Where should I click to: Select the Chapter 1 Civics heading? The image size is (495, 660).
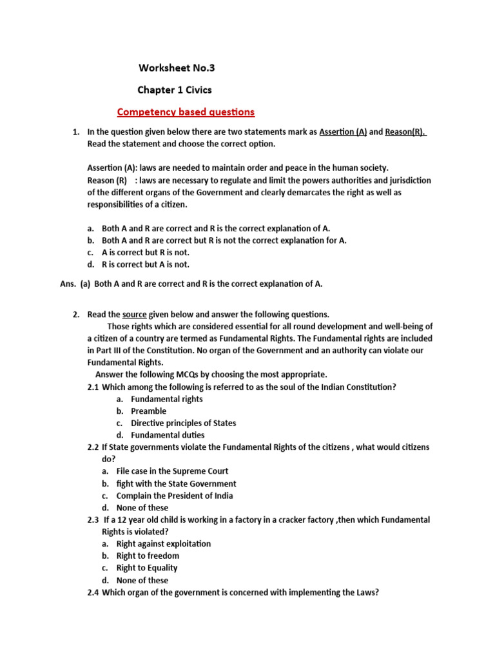point(175,90)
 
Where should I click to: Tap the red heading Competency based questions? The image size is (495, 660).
point(186,112)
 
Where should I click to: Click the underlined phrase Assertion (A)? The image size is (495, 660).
point(343,131)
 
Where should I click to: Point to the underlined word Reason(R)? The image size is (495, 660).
point(405,131)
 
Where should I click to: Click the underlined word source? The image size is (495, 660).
point(134,315)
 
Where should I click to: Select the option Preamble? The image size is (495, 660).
point(148,411)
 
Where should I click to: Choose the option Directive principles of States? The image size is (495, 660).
point(183,423)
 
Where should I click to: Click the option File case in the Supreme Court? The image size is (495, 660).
point(172,471)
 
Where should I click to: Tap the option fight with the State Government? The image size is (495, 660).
point(176,483)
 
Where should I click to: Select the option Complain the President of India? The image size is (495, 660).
point(175,496)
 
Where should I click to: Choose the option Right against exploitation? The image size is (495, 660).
point(163,543)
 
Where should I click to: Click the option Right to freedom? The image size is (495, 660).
point(148,556)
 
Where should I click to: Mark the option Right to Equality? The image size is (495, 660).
point(146,568)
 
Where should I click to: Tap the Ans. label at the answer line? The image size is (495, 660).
point(68,284)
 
